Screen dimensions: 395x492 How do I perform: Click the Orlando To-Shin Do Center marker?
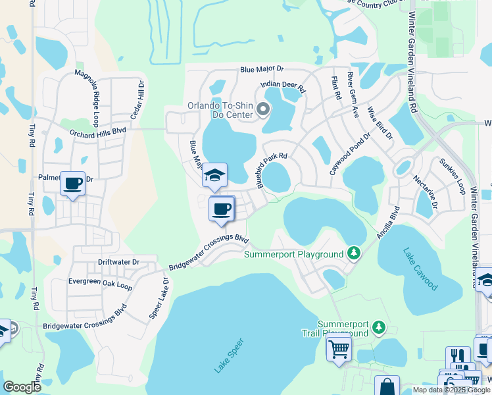[263, 109]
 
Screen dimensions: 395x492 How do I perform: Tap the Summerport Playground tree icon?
[354, 253]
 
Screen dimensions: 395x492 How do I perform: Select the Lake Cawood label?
[421, 269]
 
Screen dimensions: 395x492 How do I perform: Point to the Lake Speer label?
[229, 356]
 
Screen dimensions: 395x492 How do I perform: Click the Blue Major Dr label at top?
[261, 68]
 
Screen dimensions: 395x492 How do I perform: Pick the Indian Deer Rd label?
[283, 86]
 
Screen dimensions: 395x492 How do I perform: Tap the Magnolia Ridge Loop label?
[87, 89]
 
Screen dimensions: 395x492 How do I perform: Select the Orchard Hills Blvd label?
[97, 132]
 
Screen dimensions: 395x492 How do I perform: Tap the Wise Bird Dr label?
[380, 123]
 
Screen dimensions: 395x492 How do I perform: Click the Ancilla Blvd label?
[388, 224]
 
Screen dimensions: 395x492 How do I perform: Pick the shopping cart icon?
[339, 347]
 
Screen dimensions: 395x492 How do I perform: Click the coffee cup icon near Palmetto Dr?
[73, 182]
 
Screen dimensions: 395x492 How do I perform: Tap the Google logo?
[22, 387]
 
